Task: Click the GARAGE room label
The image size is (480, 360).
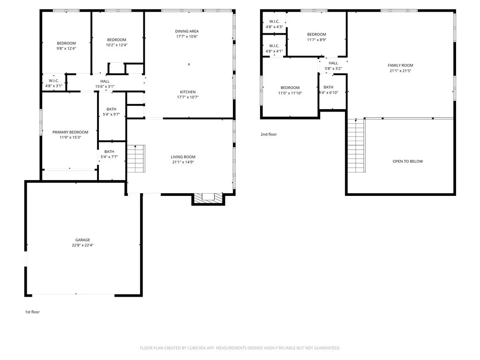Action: pos(82,240)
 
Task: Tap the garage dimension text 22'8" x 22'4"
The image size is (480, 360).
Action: pos(82,245)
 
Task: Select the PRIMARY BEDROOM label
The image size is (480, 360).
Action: pos(70,132)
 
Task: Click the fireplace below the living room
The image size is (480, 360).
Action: pos(208,198)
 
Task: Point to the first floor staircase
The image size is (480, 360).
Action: pos(135,159)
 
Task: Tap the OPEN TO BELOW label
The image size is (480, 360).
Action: pos(407,161)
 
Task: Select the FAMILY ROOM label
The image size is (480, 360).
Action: pos(400,66)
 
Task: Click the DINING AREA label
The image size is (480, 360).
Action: pos(187,31)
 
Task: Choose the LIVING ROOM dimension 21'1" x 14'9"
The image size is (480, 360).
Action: pos(183,162)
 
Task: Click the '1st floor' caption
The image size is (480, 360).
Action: pos(32,312)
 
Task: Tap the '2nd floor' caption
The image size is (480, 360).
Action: pos(269,135)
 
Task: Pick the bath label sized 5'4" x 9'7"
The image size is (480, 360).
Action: pos(111,114)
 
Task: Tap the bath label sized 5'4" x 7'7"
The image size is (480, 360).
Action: pos(109,157)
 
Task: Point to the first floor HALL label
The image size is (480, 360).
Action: pos(105,81)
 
